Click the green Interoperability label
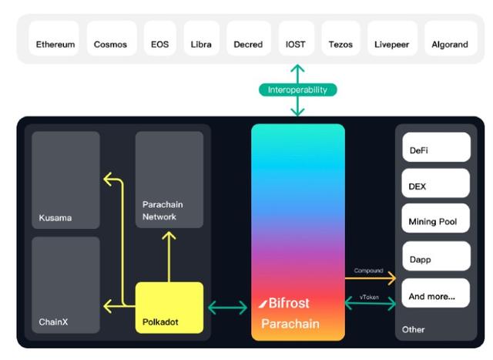(x=297, y=89)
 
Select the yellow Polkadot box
(x=169, y=308)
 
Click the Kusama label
(x=55, y=217)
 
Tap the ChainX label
(x=54, y=321)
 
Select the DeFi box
(x=436, y=147)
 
